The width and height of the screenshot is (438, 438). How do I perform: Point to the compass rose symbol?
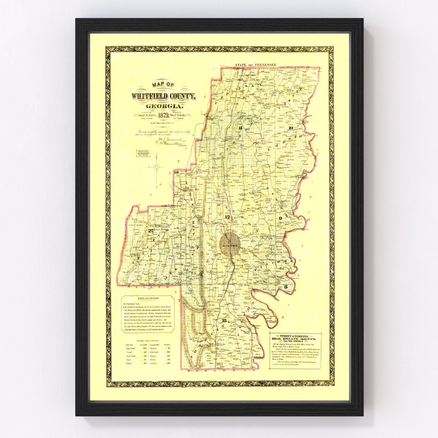click(157, 167)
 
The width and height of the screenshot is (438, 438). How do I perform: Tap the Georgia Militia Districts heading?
click(148, 340)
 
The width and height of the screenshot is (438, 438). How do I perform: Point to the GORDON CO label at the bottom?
click(222, 371)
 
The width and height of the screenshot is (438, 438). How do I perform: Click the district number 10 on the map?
click(291, 128)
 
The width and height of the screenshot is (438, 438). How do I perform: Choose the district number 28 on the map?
click(176, 173)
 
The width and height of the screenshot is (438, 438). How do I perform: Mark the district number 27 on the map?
click(151, 231)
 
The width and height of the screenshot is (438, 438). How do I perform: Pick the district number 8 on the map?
click(286, 287)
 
